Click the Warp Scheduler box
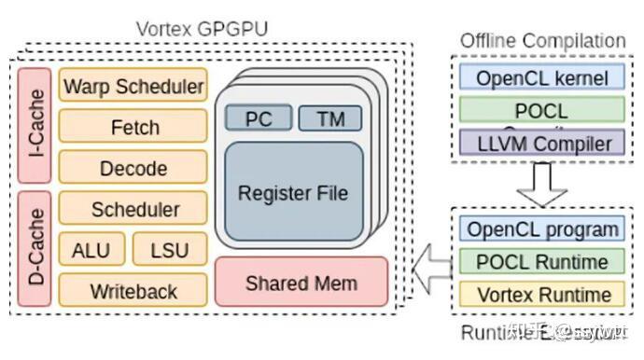[x=133, y=87]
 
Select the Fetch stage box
[x=133, y=127]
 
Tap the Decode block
[x=133, y=168]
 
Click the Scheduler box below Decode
[x=133, y=209]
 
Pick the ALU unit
[x=90, y=250]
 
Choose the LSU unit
[x=169, y=250]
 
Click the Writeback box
[x=133, y=290]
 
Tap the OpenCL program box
[x=541, y=229]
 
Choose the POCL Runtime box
[x=541, y=262]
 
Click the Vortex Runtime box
[x=541, y=295]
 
